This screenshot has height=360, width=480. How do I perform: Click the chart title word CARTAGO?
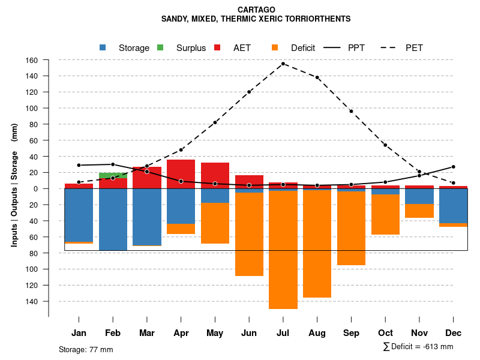256,10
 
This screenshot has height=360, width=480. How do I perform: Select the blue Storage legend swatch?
103,47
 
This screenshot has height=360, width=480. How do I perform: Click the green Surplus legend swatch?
160,47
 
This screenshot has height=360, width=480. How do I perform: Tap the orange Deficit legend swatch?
275,47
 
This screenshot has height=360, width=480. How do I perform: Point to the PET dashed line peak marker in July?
283,64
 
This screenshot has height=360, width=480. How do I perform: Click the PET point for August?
317,77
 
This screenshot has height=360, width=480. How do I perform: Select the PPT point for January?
79,165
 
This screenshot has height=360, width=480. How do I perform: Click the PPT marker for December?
454,167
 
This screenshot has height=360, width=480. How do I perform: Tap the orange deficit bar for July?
283,250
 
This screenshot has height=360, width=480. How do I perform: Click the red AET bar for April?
181,174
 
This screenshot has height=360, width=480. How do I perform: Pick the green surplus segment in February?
113,175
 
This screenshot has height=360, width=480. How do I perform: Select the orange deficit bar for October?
385,214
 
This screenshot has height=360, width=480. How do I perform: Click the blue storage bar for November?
419,196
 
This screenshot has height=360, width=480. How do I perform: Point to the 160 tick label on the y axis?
32,60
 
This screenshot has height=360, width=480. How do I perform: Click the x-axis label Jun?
249,333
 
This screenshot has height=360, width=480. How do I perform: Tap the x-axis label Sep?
352,333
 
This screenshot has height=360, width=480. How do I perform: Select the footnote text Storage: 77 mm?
86,349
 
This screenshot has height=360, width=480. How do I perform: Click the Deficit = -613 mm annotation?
418,347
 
